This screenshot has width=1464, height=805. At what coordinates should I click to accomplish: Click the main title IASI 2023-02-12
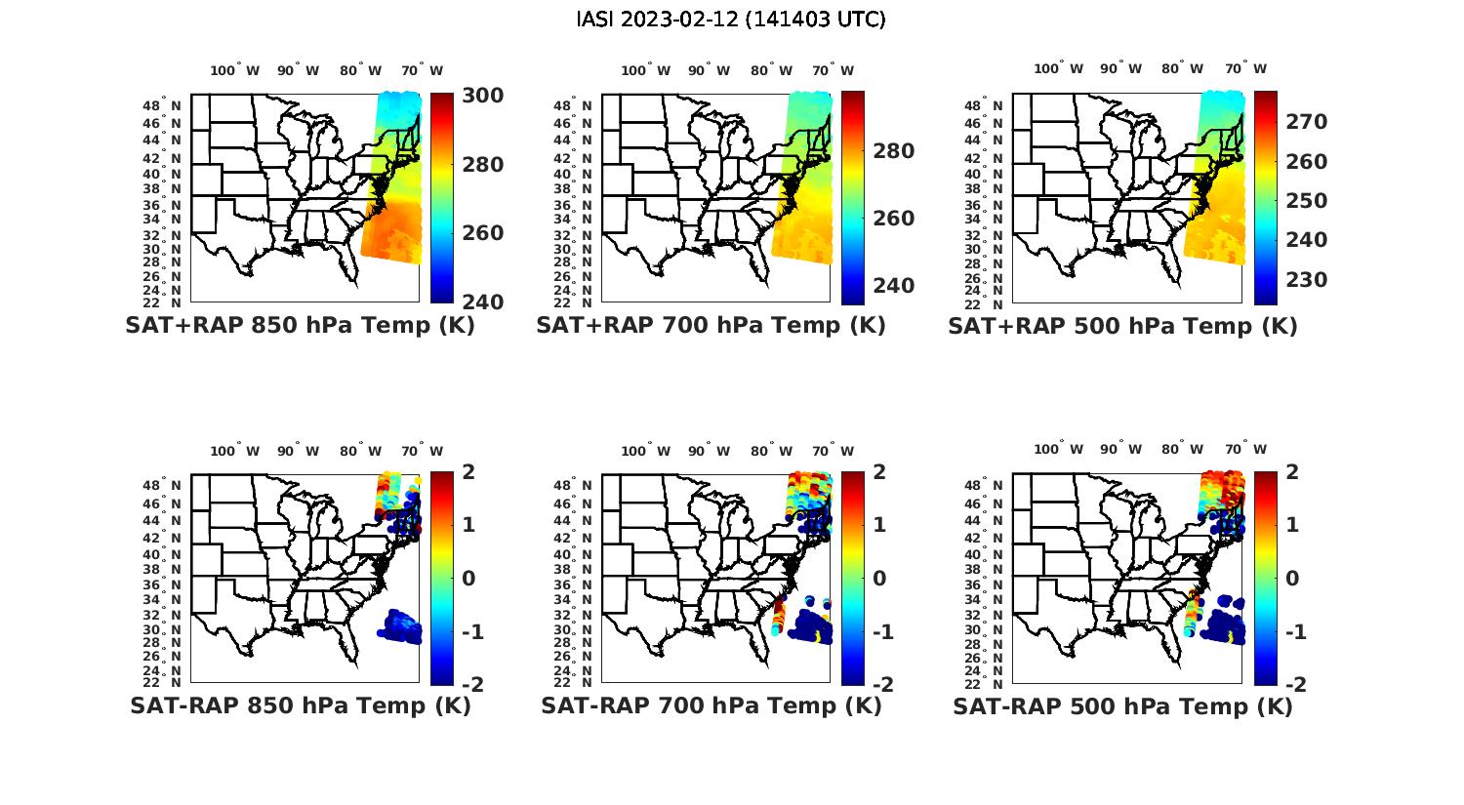731,20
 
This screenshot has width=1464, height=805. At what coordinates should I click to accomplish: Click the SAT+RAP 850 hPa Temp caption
300,326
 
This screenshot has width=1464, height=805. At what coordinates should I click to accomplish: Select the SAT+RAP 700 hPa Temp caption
711,326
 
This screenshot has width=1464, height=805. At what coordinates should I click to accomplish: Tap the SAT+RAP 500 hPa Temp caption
1122,326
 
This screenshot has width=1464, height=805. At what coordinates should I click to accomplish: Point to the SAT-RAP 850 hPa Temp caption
300,705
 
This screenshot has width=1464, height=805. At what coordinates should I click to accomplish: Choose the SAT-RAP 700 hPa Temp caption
711,705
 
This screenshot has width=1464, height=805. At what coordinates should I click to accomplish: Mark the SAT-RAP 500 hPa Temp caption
1122,705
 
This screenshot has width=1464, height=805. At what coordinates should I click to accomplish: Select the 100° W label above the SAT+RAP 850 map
235,70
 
